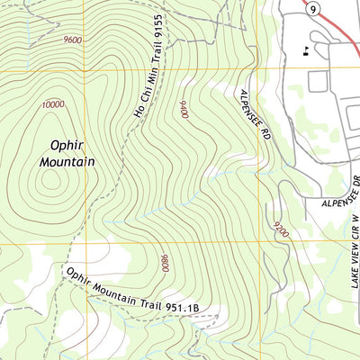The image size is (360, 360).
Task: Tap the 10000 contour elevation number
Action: (x=52, y=105)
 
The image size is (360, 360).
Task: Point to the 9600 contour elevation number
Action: (x=76, y=40)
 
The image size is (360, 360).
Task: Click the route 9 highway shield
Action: (x=310, y=9)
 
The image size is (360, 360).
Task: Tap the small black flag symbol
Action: (x=309, y=50)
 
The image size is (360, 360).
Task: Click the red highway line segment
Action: (x=342, y=27)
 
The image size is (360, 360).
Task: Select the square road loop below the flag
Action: (x=318, y=81)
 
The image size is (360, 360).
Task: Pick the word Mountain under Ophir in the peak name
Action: (x=67, y=162)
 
